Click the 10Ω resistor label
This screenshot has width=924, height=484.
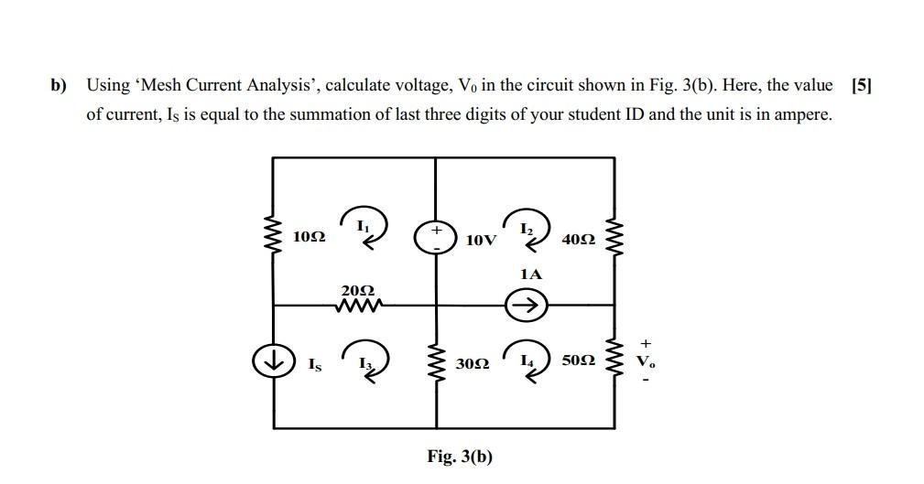[x=309, y=237]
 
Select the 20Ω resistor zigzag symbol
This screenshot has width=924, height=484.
[x=357, y=305]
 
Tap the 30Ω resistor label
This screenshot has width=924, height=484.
[x=473, y=363]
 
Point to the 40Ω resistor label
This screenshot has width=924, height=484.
[x=580, y=240]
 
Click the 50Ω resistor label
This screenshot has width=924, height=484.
[x=580, y=362]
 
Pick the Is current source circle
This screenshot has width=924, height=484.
[x=272, y=361]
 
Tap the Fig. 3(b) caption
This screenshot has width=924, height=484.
[x=459, y=456]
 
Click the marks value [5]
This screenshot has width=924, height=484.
[x=861, y=86]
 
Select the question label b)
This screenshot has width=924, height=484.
[x=60, y=86]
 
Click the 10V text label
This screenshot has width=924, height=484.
[x=481, y=241]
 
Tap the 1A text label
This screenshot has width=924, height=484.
[x=530, y=274]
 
